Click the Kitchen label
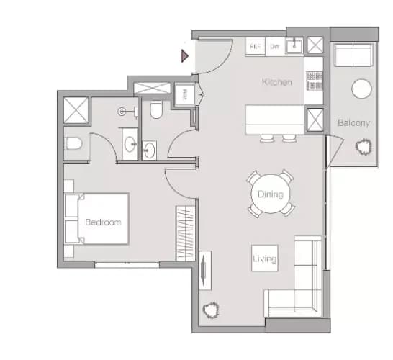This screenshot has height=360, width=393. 277,83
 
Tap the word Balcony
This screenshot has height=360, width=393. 353,123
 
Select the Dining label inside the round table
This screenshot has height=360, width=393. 271,194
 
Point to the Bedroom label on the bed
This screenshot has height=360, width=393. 103,222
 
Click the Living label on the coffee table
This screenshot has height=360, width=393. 264,258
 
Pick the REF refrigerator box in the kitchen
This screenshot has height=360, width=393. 255,46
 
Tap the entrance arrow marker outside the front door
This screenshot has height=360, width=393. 185,54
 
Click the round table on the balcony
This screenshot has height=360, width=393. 361,89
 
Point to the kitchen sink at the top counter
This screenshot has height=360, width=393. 294,46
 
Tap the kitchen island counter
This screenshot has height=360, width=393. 275,120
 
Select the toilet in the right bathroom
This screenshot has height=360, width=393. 156,109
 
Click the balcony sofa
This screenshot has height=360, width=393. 353,56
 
